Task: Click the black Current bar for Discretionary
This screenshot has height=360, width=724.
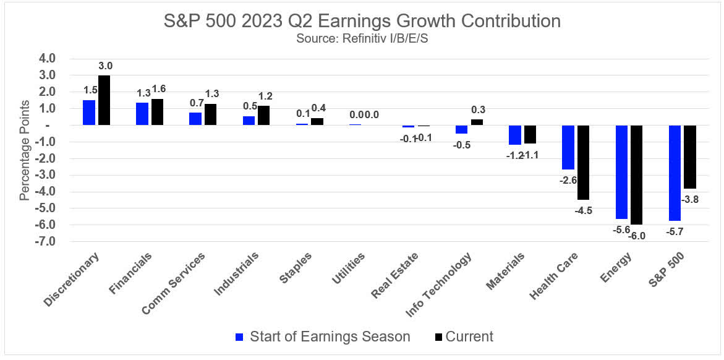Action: [x=104, y=100]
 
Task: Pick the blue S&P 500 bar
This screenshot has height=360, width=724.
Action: [x=675, y=173]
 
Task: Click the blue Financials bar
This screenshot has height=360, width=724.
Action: [x=142, y=114]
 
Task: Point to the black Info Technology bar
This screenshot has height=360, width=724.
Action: [x=477, y=122]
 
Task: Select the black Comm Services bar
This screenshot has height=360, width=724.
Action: [x=210, y=114]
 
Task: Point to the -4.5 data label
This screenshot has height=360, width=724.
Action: [x=584, y=210]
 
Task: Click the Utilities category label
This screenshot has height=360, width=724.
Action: [x=349, y=268]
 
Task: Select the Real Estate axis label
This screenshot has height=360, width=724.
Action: [x=396, y=275]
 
